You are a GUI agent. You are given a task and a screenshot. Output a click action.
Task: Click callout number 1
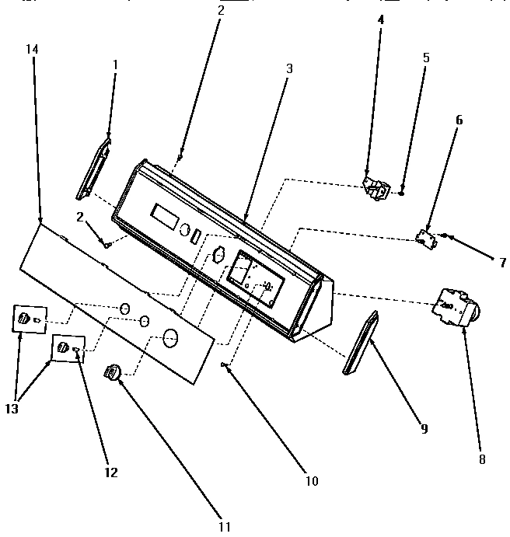tap(114, 65)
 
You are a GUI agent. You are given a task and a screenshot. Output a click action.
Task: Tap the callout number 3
tap(288, 68)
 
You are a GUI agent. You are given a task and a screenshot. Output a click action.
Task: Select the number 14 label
tap(31, 49)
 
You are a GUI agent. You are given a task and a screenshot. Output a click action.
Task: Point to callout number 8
tap(481, 459)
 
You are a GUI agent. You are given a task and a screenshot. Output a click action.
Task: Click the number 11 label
tap(225, 526)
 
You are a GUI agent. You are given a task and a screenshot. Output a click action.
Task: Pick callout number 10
tap(311, 481)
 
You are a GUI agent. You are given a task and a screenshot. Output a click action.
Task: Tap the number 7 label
tap(502, 263)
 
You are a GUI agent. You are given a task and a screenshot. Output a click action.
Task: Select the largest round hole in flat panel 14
tap(171, 336)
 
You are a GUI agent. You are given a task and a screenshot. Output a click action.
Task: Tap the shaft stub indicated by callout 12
tap(76, 350)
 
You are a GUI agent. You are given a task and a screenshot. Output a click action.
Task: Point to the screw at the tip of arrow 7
tap(445, 236)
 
